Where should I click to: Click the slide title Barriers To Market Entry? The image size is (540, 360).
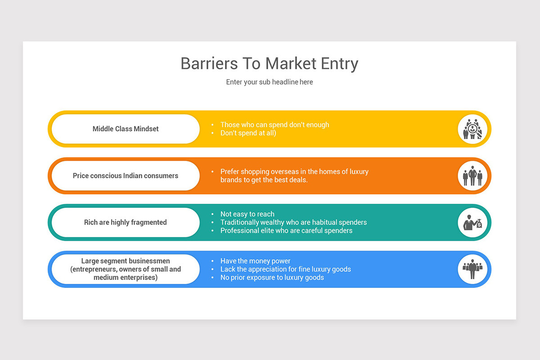[x=269, y=63]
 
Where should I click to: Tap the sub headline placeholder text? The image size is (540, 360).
[x=269, y=82]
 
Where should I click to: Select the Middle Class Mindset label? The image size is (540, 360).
[x=126, y=129]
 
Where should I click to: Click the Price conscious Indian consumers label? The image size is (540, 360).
[x=126, y=175]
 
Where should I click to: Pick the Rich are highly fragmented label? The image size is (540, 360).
[x=126, y=222]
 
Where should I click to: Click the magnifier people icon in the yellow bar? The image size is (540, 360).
[x=472, y=129]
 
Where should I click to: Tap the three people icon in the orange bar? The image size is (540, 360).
[x=472, y=176]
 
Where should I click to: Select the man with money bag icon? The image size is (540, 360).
[x=472, y=223]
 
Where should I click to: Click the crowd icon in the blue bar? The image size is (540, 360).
[x=472, y=269]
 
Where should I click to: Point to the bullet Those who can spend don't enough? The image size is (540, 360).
[x=274, y=125]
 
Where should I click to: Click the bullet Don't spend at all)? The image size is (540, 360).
[x=248, y=133]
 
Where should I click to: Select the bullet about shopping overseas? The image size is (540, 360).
[x=294, y=175]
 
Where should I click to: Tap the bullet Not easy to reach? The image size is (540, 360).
[x=247, y=214]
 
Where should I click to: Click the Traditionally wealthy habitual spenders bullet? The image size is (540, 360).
[x=293, y=222]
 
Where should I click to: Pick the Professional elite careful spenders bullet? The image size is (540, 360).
[x=286, y=230]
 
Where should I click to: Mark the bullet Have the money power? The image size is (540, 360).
[x=255, y=261]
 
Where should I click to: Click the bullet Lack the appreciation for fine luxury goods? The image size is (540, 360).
[x=285, y=269]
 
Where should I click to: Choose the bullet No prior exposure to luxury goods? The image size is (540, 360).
[x=272, y=277]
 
